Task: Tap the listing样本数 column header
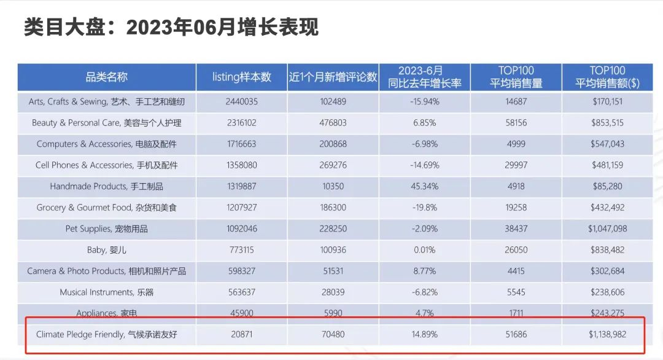241,77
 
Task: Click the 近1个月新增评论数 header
333,77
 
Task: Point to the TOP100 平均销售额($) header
607,77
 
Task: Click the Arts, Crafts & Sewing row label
106,101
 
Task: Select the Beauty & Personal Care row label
106,123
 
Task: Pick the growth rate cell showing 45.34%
424,186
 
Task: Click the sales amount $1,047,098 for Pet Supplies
607,229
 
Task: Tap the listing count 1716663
241,144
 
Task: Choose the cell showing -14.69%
424,165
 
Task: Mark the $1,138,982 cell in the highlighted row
607,335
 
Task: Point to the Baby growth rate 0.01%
424,250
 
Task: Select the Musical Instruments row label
106,292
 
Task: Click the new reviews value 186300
333,208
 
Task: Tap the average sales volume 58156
516,123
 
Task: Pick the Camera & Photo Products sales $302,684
607,271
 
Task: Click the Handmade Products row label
106,186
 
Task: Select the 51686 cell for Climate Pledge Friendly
516,335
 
